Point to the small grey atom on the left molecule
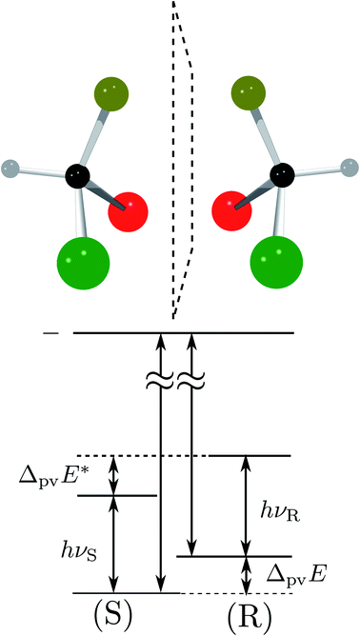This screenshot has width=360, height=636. (x=12, y=170)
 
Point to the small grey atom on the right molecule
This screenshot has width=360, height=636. (x=346, y=170)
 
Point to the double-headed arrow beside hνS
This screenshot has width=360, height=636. (x=114, y=544)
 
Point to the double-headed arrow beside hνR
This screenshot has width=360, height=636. (x=245, y=506)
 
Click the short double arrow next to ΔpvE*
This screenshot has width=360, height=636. (x=114, y=475)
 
